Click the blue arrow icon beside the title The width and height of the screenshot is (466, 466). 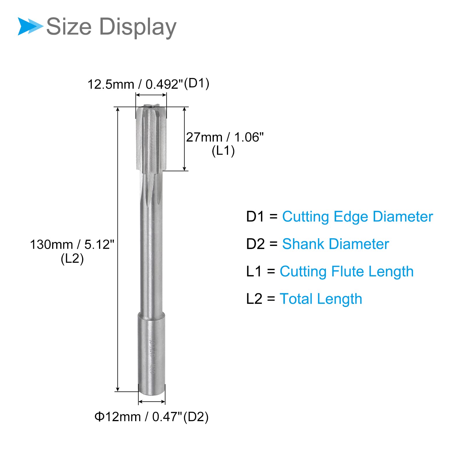coord(30,26)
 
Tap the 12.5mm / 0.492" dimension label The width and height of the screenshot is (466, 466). coord(135,84)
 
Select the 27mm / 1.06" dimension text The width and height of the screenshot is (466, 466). coord(225,137)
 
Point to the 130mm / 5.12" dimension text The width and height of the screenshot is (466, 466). coord(72,244)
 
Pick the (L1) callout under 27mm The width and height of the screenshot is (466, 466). coord(223,151)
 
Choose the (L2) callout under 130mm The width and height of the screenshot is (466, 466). coord(72,259)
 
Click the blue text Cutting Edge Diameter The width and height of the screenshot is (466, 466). coord(358,217)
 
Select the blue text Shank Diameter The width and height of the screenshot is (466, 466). coord(336,244)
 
